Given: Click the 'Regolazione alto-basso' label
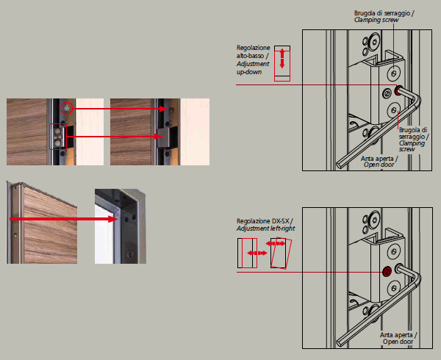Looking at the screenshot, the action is pyautogui.click(x=253, y=51).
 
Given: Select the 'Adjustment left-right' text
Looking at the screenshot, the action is pyautogui.click(x=265, y=228).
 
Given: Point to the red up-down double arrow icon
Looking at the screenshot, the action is pyautogui.click(x=282, y=59).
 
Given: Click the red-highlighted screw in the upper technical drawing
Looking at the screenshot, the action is pyautogui.click(x=398, y=90).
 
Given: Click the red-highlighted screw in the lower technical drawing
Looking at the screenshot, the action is pyautogui.click(x=387, y=272).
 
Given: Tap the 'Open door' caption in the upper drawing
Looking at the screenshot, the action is pyautogui.click(x=379, y=165).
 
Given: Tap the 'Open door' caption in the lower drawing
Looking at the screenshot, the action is pyautogui.click(x=398, y=342).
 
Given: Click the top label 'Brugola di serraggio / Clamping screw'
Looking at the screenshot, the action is pyautogui.click(x=384, y=16).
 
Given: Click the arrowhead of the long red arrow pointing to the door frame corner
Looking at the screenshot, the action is pyautogui.click(x=112, y=219).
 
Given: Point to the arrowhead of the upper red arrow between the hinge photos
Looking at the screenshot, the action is pyautogui.click(x=163, y=109).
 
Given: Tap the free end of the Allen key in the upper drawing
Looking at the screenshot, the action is pyautogui.click(x=340, y=165).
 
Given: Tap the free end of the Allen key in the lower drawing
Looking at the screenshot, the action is pyautogui.click(x=340, y=343).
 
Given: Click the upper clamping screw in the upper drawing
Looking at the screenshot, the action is pyautogui.click(x=394, y=73).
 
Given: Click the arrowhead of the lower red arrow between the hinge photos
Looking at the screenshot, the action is pyautogui.click(x=158, y=137).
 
